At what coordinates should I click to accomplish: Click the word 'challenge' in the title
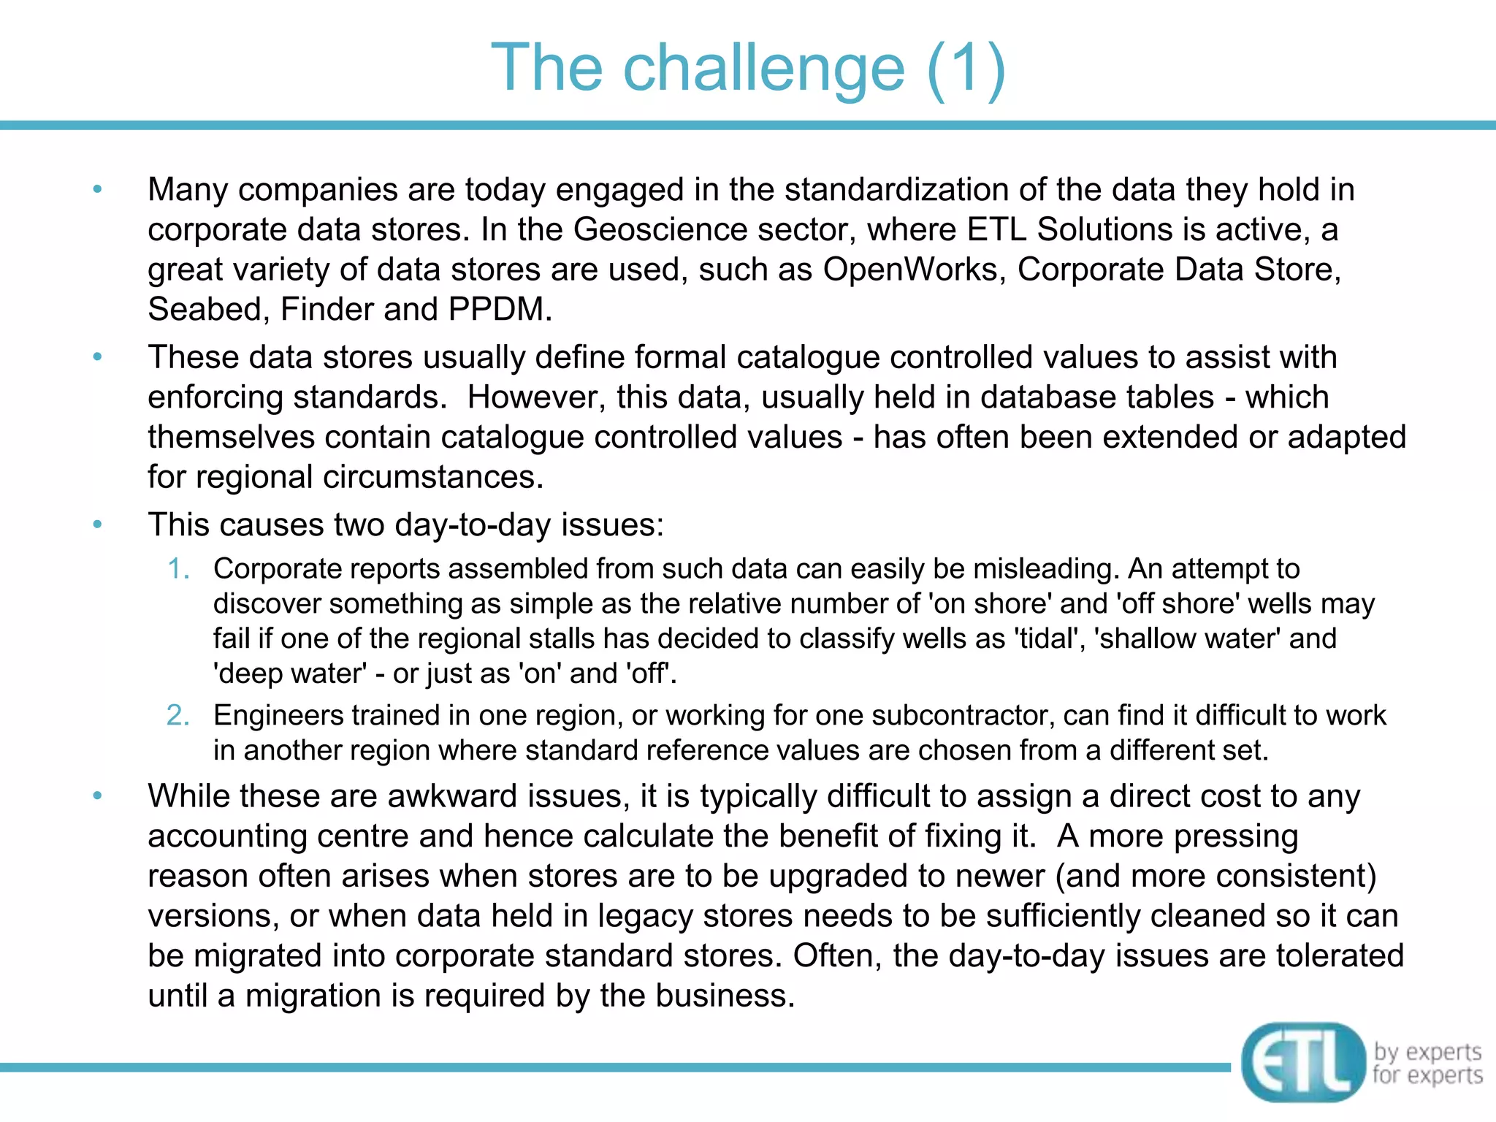(763, 68)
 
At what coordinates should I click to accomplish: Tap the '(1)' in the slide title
(966, 68)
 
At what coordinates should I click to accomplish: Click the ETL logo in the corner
(1302, 1062)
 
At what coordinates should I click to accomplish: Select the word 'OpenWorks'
(910, 270)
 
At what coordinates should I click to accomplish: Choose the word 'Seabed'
(204, 310)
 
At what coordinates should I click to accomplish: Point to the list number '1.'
(179, 568)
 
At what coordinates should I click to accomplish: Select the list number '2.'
(178, 715)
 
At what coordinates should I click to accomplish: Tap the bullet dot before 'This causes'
(98, 524)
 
